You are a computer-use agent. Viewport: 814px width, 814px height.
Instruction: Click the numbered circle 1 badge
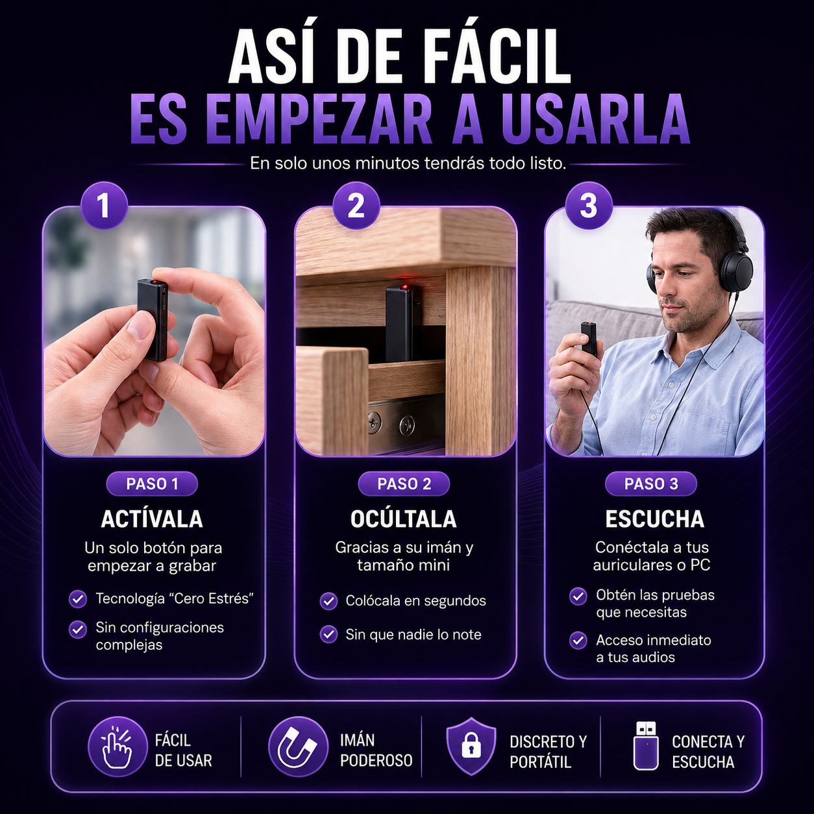click(x=105, y=206)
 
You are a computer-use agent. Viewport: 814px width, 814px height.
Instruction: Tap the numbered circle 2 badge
click(x=356, y=206)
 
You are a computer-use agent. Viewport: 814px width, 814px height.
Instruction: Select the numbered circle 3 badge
click(x=588, y=206)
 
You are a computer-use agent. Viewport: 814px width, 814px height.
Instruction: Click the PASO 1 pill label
click(x=152, y=484)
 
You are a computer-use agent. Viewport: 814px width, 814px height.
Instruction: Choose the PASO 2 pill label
click(x=404, y=484)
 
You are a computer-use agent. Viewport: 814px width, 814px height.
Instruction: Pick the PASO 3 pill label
click(x=651, y=484)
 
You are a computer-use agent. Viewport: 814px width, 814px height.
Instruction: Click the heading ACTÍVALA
click(x=152, y=519)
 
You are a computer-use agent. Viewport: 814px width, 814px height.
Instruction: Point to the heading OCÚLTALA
click(x=403, y=519)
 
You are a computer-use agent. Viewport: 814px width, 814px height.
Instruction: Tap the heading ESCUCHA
click(x=655, y=519)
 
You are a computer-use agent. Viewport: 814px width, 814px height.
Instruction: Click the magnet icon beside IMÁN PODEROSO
click(x=298, y=746)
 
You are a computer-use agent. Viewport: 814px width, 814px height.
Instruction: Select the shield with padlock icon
click(x=471, y=746)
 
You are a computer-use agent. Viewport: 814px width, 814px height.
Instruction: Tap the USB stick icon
click(x=646, y=746)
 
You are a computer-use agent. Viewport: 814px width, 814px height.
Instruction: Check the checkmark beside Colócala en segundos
click(x=328, y=601)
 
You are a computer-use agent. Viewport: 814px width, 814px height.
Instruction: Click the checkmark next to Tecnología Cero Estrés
click(x=78, y=598)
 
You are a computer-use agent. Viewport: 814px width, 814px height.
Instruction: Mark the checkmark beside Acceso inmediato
click(x=578, y=641)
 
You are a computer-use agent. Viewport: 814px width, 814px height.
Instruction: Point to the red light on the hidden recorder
click(x=404, y=287)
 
